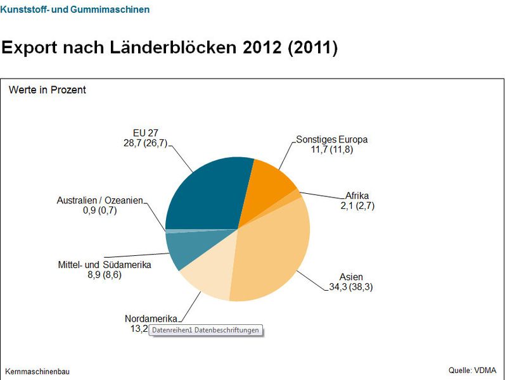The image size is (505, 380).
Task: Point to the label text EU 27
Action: [x=145, y=133]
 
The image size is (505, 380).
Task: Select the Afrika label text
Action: [x=357, y=195]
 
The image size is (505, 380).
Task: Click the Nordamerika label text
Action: [x=151, y=319]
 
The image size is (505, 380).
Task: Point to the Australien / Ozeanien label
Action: [x=100, y=201]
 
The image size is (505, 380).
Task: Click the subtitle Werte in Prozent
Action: [x=48, y=90]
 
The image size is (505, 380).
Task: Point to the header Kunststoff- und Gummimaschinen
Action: [x=75, y=9]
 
